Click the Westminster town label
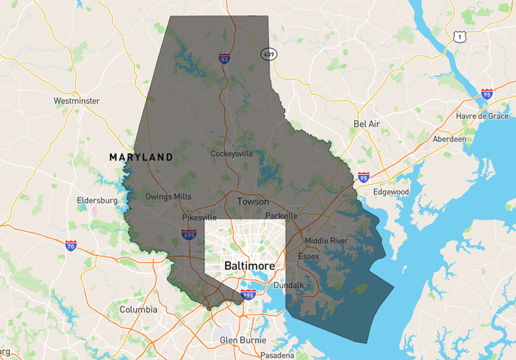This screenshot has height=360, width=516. [x=76, y=101]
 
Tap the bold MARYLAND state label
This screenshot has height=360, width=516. [x=141, y=157]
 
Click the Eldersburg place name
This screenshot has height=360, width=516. [x=98, y=201]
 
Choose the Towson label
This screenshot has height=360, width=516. [x=253, y=202]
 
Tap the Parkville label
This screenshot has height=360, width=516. [x=281, y=215]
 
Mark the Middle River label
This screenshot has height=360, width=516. [x=325, y=240]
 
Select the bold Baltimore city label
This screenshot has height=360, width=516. [x=250, y=266]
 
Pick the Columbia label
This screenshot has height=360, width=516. [x=138, y=310]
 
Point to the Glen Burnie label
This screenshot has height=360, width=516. [x=243, y=340]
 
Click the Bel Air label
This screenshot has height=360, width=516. [x=366, y=124]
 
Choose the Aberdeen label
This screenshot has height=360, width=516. [x=449, y=139]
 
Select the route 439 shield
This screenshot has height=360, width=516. [x=268, y=54]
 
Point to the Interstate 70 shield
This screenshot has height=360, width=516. [x=71, y=246]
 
